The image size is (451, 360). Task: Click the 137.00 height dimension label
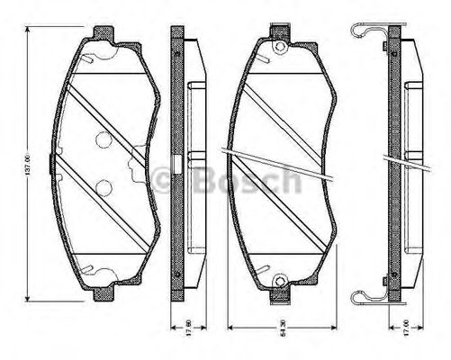pyautogui.click(x=28, y=163)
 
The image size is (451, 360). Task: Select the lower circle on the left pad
pyautogui.click(x=104, y=188)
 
